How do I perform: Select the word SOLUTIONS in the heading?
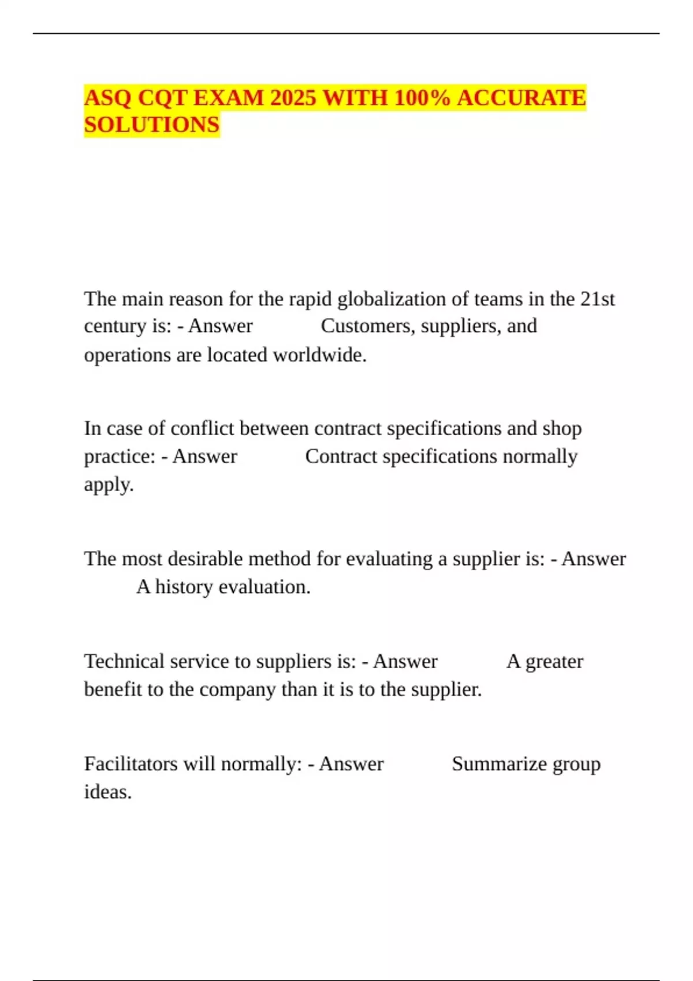coord(152,125)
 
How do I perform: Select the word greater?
coord(554,661)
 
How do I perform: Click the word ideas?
coord(107,792)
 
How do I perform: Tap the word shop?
coord(562,428)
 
